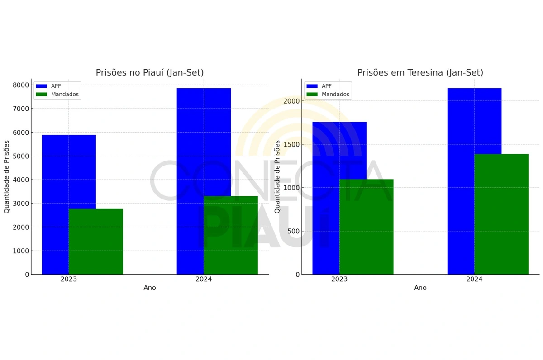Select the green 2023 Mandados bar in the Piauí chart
point(95,242)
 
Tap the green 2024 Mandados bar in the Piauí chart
point(230,235)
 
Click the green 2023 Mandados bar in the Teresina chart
point(366,227)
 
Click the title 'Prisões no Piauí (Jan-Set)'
point(150,72)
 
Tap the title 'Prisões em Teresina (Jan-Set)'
point(420,72)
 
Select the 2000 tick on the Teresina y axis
point(291,101)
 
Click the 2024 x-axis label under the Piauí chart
point(204,279)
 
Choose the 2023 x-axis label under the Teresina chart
point(339,279)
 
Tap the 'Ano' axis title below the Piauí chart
point(150,288)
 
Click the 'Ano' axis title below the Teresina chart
point(420,288)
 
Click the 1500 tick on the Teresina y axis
point(291,144)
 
